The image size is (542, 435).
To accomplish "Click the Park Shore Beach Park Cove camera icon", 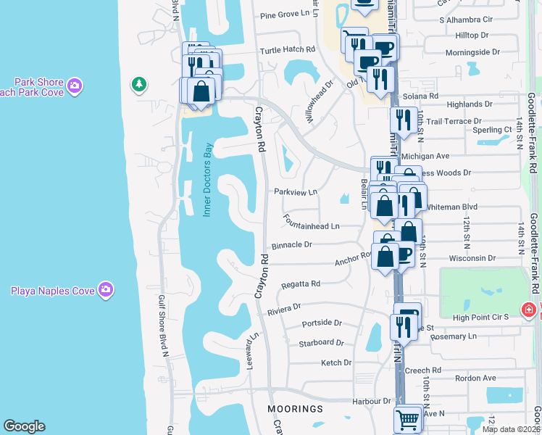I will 74,88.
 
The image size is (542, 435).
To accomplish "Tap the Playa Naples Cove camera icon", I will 106,291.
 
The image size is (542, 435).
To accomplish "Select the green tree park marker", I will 138,85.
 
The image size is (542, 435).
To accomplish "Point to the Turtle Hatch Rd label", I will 288,50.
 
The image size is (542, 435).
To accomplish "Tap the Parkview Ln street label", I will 296,192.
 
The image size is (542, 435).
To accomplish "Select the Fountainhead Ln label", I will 312,226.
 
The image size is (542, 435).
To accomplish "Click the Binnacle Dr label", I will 291,245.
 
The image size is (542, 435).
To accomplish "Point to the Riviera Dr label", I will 284,307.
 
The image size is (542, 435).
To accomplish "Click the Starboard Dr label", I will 321,342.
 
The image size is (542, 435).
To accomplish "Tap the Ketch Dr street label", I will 336,362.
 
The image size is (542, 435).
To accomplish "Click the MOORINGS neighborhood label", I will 295,409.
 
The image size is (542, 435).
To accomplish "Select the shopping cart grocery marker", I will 408,419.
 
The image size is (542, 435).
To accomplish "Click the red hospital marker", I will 530,311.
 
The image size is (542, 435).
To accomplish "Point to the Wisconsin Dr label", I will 472,257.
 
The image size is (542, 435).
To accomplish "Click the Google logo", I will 25,426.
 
